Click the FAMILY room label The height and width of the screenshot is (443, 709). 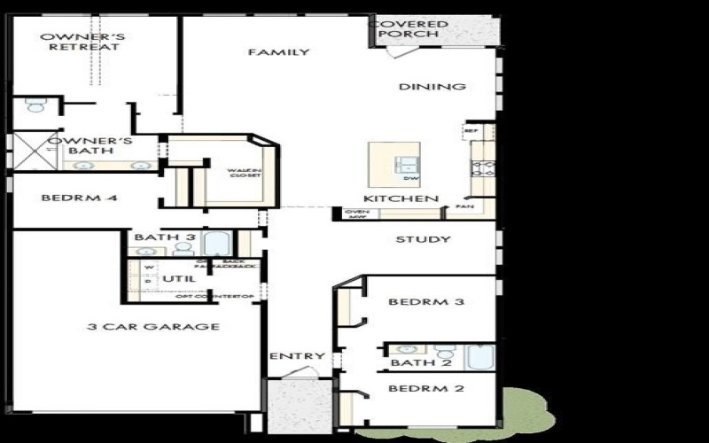click(278, 52)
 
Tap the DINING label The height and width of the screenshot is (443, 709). click(432, 87)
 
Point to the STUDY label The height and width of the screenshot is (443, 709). click(423, 239)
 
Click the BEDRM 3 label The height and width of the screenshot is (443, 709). click(426, 302)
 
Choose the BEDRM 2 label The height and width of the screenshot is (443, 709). click(426, 388)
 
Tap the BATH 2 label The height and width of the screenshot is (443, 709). click(415, 362)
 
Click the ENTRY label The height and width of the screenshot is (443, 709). click(297, 356)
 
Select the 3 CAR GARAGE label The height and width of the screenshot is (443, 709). click(153, 327)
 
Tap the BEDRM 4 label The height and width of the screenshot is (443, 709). click(79, 198)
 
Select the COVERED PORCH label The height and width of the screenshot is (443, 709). click(409, 28)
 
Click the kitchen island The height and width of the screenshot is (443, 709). click(396, 165)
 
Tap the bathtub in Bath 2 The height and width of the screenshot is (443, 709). click(479, 356)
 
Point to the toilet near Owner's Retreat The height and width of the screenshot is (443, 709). click(35, 105)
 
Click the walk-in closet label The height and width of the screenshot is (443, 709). click(241, 172)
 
